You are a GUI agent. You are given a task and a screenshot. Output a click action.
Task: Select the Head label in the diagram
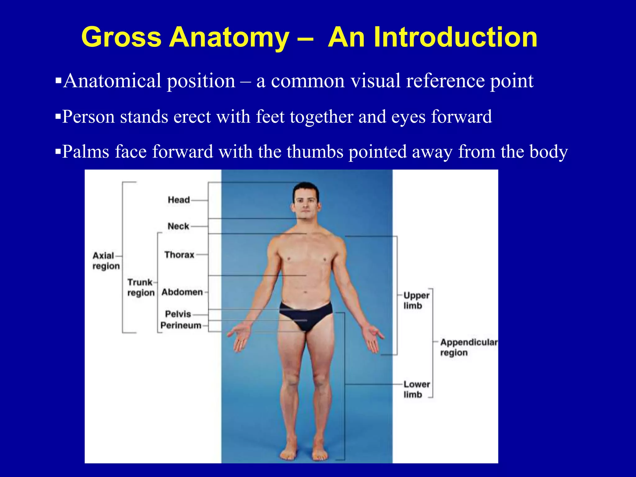click(x=179, y=200)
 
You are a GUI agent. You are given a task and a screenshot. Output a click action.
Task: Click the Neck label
click(x=178, y=226)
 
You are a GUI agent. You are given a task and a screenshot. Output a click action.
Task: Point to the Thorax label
click(x=179, y=255)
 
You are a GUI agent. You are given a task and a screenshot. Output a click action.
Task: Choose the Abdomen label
click(x=182, y=292)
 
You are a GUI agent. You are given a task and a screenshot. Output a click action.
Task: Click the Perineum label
click(x=181, y=325)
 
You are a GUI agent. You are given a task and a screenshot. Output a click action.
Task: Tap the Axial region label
click(x=106, y=261)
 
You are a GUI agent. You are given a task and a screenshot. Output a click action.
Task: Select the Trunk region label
click(x=141, y=287)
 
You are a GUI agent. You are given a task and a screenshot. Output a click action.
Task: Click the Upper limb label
click(x=416, y=300)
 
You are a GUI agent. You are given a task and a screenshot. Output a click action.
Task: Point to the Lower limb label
click(x=416, y=389)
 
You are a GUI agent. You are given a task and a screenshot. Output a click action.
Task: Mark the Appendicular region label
click(x=468, y=347)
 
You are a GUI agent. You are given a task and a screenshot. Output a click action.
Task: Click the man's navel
click(x=305, y=292)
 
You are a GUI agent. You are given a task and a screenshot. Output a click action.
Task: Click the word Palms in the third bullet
click(x=85, y=152)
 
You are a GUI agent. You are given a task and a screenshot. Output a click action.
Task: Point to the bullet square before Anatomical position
click(x=58, y=81)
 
